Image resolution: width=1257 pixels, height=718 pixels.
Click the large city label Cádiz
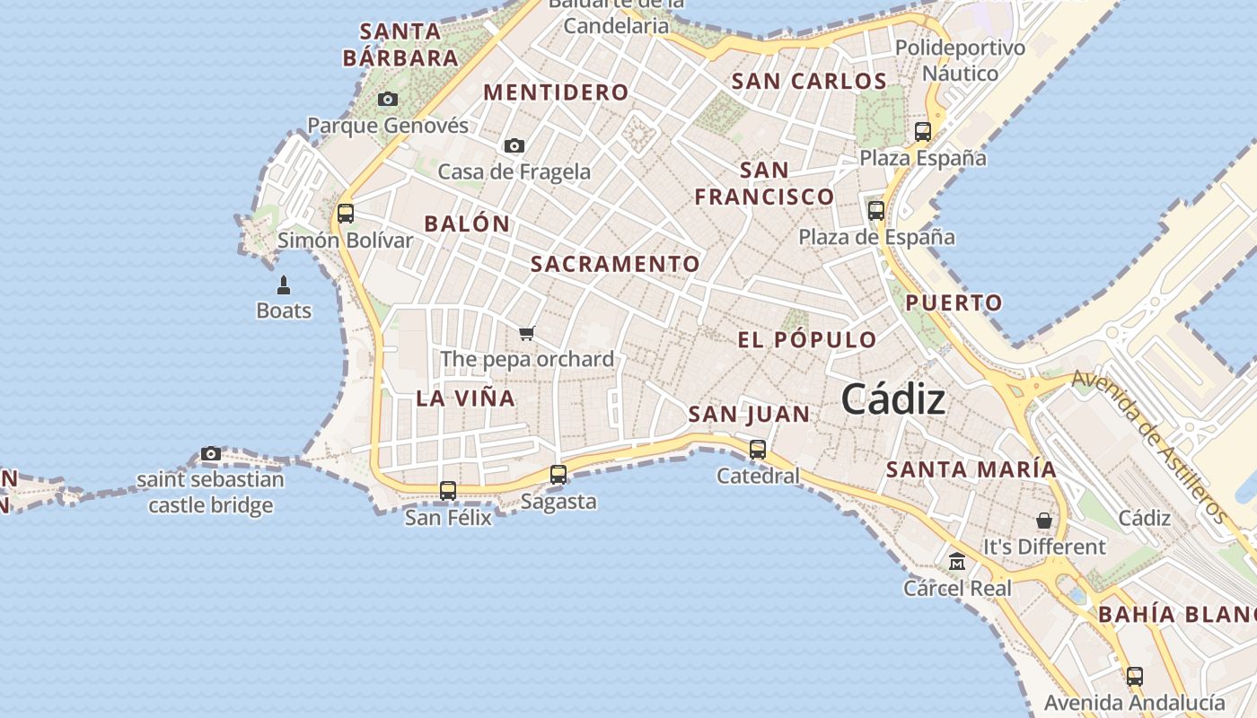click(x=893, y=399)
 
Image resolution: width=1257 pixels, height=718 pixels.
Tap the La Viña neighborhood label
click(x=466, y=398)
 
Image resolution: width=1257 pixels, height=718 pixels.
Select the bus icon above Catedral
click(x=758, y=449)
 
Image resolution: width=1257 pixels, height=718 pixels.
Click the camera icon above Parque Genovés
click(x=388, y=99)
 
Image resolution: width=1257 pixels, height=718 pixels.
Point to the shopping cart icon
click(x=527, y=334)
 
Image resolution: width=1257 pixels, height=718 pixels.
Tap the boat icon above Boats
click(x=284, y=285)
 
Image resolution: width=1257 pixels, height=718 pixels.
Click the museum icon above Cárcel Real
click(x=957, y=562)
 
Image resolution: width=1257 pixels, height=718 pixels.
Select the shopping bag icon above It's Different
click(x=1044, y=521)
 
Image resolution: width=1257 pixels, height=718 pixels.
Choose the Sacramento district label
click(x=615, y=264)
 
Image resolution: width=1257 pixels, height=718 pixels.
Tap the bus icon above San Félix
click(x=448, y=491)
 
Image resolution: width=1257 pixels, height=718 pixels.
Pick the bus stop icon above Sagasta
click(x=558, y=475)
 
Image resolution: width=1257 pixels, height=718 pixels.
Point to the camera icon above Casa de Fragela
click(x=514, y=145)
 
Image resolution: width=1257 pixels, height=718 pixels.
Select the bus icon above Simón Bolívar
click(x=346, y=214)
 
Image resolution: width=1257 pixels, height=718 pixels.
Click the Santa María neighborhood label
click(x=971, y=469)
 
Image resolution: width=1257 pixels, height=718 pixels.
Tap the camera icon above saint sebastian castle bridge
click(x=211, y=453)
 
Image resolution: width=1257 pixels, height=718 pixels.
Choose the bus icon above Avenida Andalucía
click(x=1135, y=676)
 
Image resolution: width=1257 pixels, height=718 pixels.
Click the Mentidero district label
click(x=556, y=92)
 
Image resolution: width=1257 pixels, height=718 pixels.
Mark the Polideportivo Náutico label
click(x=960, y=60)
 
